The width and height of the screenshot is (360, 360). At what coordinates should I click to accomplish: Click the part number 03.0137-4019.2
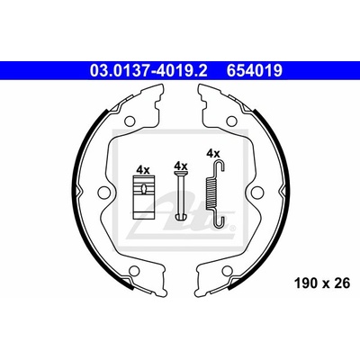[148, 71]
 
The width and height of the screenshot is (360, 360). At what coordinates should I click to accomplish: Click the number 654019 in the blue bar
[255, 71]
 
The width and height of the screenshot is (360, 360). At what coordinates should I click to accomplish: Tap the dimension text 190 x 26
[322, 283]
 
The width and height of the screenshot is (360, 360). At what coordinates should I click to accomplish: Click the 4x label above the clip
[143, 170]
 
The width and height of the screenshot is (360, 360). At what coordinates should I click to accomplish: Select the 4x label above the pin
[181, 166]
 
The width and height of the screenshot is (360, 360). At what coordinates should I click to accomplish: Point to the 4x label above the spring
[213, 154]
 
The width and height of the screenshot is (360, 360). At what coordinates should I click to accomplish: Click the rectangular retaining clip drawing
[144, 197]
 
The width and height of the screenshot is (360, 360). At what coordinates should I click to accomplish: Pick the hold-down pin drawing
[181, 195]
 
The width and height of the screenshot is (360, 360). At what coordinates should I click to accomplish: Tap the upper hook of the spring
[220, 166]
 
